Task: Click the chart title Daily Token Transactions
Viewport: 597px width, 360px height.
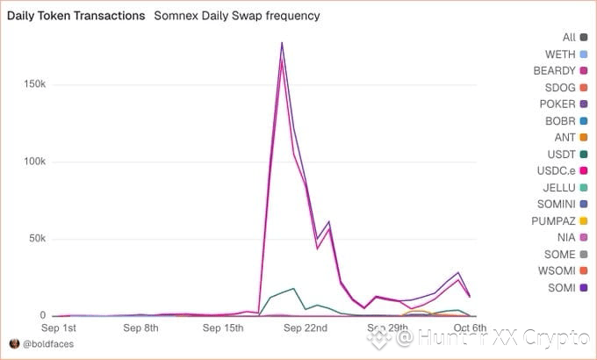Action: coord(76,16)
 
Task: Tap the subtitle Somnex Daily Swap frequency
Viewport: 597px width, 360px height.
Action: coord(237,16)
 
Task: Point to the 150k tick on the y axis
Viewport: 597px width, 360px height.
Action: coord(33,85)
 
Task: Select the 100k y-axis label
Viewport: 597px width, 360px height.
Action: coord(33,162)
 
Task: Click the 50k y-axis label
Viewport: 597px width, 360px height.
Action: coord(36,239)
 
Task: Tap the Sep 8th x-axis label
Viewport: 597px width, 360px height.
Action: coord(140,328)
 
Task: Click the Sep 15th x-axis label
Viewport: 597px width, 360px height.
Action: coord(223,328)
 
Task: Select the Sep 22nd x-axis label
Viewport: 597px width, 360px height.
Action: coord(306,328)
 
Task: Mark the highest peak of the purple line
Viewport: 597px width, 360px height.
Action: coord(282,42)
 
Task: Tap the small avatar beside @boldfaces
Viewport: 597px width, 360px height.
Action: coord(14,342)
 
